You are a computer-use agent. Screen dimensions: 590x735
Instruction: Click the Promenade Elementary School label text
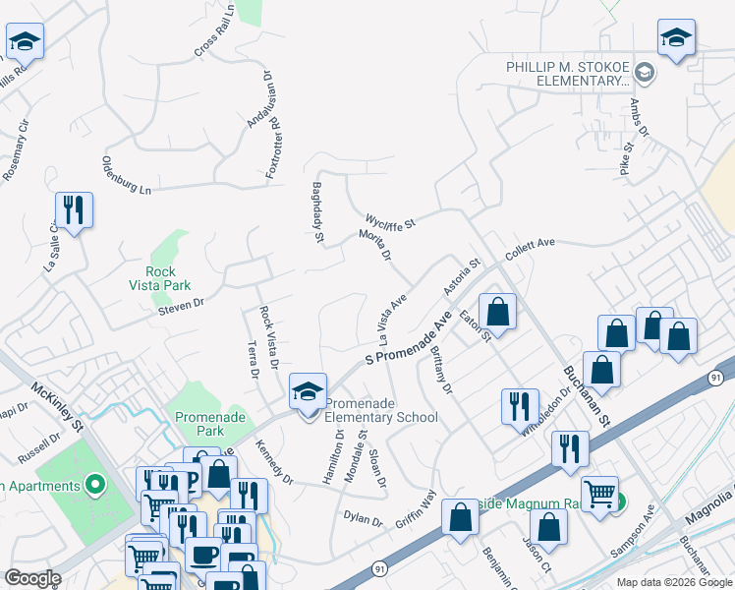(380, 410)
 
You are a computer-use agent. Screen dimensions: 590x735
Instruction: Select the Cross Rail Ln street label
(214, 31)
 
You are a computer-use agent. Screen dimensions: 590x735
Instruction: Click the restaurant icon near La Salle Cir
(74, 209)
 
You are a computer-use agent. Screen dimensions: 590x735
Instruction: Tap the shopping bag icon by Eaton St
(498, 312)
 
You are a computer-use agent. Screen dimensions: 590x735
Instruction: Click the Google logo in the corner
(32, 578)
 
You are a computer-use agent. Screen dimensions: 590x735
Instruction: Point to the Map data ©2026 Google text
(673, 582)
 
